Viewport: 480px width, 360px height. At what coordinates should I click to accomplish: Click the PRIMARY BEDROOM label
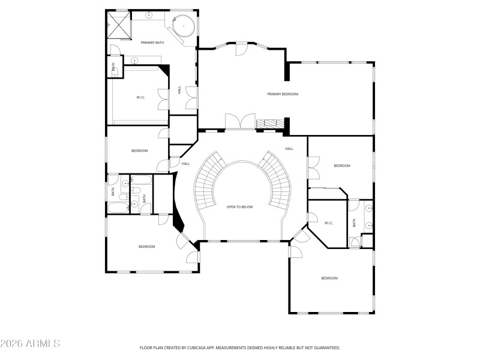tap(283, 94)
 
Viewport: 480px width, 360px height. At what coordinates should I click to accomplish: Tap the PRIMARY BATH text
tap(152, 43)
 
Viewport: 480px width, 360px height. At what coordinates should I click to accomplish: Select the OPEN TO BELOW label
tap(239, 207)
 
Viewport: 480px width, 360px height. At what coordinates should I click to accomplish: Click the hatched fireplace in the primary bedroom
tap(268, 123)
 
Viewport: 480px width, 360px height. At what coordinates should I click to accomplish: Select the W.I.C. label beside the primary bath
tap(141, 97)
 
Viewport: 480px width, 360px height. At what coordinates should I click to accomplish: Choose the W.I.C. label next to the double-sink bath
tap(329, 223)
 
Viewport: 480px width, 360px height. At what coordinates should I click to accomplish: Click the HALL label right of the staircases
tap(289, 149)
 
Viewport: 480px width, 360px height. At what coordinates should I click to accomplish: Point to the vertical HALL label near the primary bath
tap(179, 89)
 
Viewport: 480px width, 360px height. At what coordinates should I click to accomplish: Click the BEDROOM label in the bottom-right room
tap(329, 278)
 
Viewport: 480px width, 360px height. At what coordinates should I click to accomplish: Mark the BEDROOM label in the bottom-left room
tap(147, 247)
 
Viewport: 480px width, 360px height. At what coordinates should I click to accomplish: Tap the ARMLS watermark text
tap(30, 344)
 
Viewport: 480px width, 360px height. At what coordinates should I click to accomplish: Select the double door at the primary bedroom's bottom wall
tap(240, 121)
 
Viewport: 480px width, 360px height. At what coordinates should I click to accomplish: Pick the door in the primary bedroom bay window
tap(241, 49)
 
